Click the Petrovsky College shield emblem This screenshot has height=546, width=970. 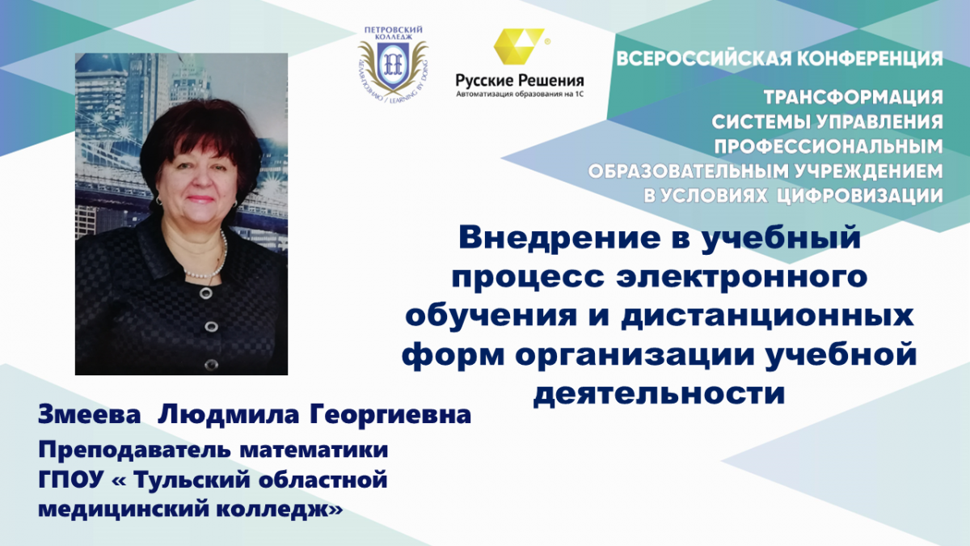tap(393, 66)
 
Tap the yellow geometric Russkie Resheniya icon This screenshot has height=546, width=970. tap(519, 46)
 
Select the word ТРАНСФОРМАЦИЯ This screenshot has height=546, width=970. tap(853, 98)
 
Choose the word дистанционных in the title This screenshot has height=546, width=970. tap(767, 316)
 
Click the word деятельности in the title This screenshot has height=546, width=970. tap(659, 393)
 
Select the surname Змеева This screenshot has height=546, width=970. tap(90, 415)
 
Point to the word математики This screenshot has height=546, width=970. tap(314, 451)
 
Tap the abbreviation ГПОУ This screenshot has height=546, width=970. tap(71, 480)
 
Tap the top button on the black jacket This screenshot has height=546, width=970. tap(206, 293)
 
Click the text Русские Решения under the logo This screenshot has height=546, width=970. tap(519, 80)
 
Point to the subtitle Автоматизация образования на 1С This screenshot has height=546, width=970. tap(519, 94)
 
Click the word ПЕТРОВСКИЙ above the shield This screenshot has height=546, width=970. tap(393, 30)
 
